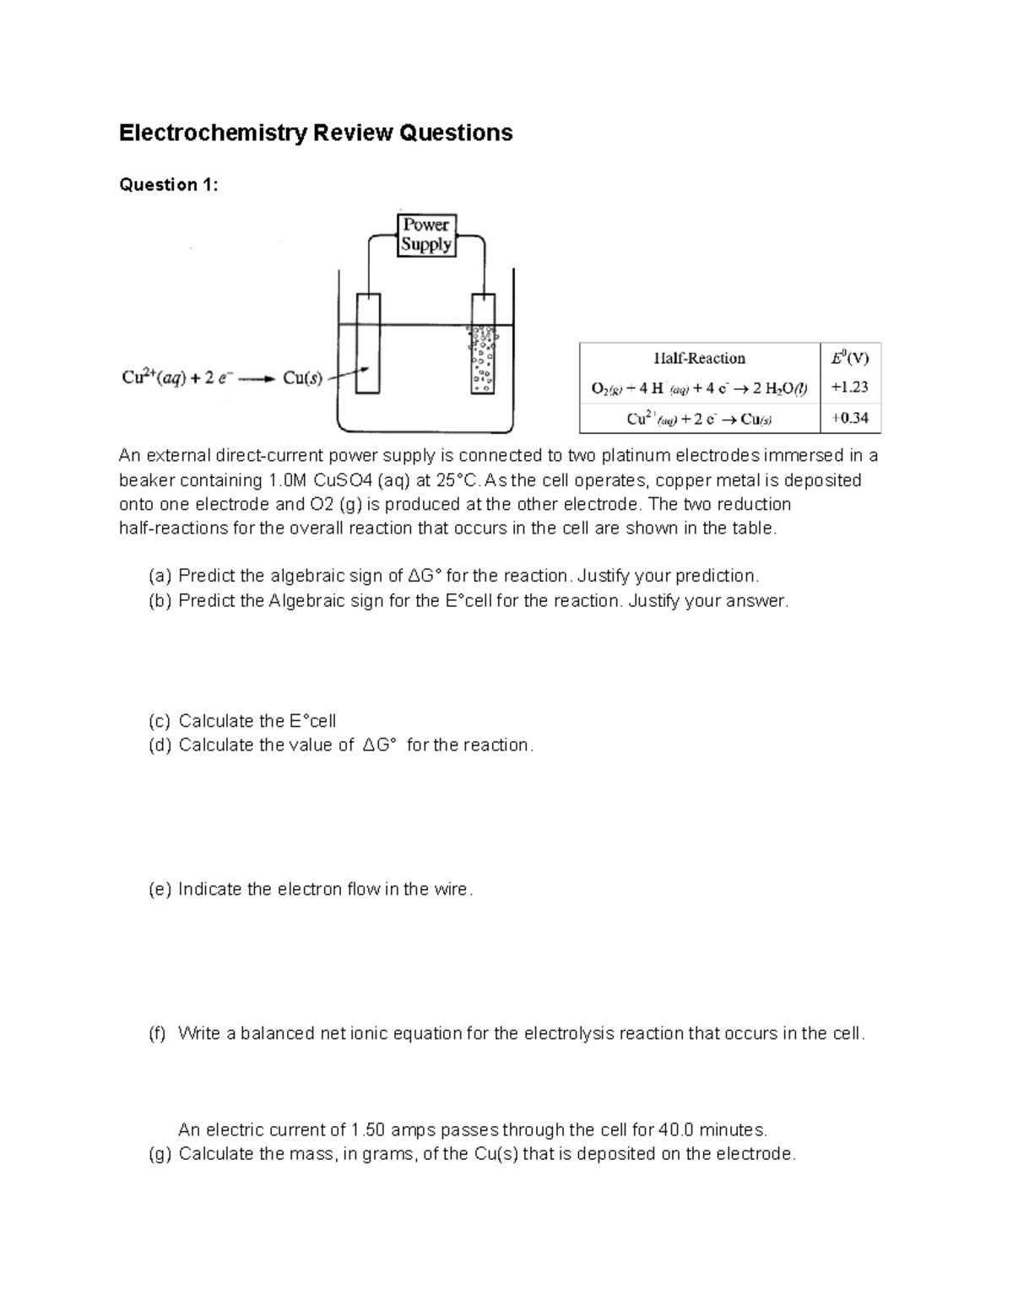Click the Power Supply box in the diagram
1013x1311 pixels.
pyautogui.click(x=426, y=235)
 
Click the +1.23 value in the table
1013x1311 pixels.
pyautogui.click(x=850, y=387)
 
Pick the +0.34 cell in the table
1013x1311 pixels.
pyautogui.click(x=850, y=418)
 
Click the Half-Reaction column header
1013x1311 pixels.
pyautogui.click(x=700, y=358)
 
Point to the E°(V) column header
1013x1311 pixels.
pyautogui.click(x=849, y=358)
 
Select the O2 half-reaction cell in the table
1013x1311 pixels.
pyautogui.click(x=700, y=388)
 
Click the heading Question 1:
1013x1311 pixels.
pyautogui.click(x=169, y=185)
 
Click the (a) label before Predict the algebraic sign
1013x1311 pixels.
pyautogui.click(x=160, y=577)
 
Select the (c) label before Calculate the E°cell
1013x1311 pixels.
pyautogui.click(x=160, y=721)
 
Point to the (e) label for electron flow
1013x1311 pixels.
pyautogui.click(x=160, y=889)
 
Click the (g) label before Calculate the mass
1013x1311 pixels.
pyautogui.click(x=160, y=1154)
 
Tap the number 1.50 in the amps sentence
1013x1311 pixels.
pyautogui.click(x=368, y=1130)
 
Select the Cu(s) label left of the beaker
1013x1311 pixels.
pyautogui.click(x=302, y=379)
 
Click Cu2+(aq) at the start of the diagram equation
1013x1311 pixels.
pyautogui.click(x=154, y=378)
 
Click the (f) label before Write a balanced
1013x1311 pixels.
pyautogui.click(x=158, y=1033)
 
